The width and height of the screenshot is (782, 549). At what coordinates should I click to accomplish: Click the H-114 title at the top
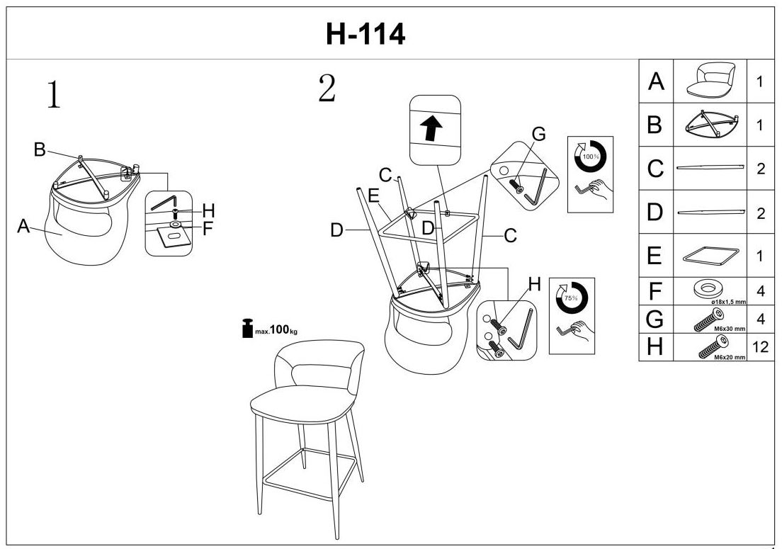point(365,33)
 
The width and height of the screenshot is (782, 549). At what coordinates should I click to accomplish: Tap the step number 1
point(52,95)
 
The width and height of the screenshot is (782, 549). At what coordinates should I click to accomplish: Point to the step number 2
point(327,88)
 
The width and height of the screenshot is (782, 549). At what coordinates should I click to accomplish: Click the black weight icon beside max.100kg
point(247,329)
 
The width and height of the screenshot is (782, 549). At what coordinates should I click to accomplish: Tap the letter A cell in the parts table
point(656,82)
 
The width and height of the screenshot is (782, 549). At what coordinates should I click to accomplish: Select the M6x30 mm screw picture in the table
point(710,319)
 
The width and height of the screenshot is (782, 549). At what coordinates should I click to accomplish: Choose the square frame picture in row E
point(710,255)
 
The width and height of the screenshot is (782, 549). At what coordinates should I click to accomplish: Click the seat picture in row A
point(710,79)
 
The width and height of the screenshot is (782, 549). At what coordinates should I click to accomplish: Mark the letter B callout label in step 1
point(40,149)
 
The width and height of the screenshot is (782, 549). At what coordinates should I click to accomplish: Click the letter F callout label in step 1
point(208,229)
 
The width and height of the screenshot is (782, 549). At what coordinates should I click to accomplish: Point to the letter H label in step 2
point(535,284)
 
